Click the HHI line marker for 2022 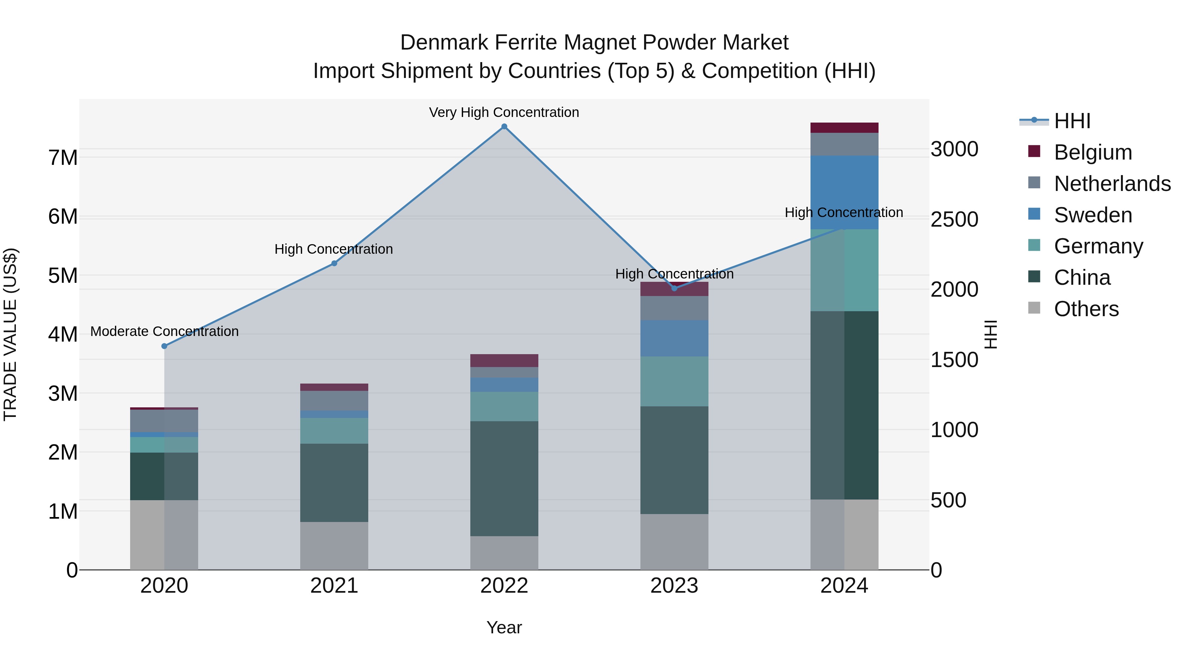(504, 127)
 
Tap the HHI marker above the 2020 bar (164, 346)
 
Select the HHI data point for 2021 (334, 263)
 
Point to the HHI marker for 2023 (674, 288)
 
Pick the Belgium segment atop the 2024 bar (844, 128)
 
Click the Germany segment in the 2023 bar (674, 381)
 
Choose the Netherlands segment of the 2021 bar (334, 400)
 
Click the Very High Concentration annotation (504, 112)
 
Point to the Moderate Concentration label (164, 331)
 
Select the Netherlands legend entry (1112, 183)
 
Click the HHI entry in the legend (1072, 121)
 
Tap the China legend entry (1082, 278)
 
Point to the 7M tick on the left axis (63, 158)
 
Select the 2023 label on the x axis (674, 586)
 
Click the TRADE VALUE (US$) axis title (10, 334)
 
